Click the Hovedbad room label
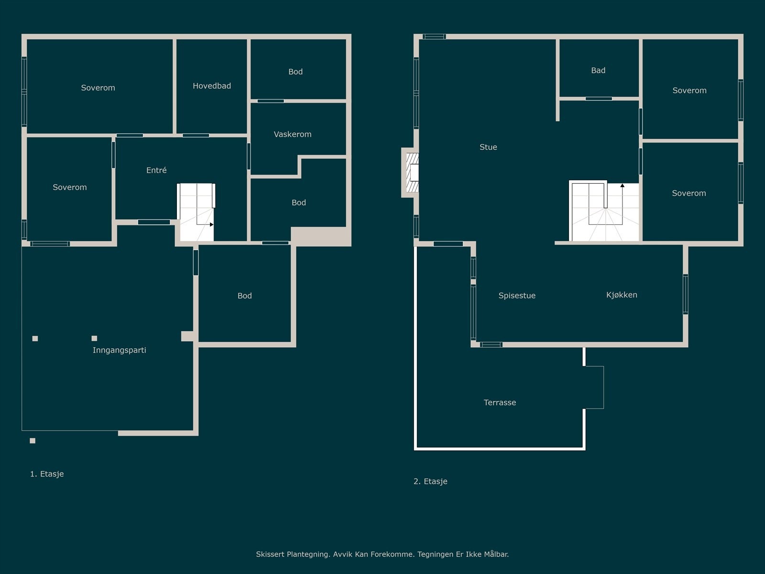pos(212,86)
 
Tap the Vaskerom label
pos(293,134)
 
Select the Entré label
pos(156,170)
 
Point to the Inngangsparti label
pos(119,350)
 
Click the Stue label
pos(488,147)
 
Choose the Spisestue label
pos(517,296)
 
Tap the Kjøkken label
pos(622,295)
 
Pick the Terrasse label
pos(500,403)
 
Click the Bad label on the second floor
pos(598,70)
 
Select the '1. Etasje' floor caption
pos(47,474)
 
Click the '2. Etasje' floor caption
pos(430,481)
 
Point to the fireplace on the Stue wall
pos(412,173)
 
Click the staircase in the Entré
pos(196,212)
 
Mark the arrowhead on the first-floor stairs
pos(211,224)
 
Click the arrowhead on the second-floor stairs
pos(623,186)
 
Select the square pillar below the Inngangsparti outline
pos(33,441)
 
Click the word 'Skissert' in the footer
pos(271,554)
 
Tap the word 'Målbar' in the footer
pos(496,554)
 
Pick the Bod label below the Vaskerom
pos(299,202)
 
